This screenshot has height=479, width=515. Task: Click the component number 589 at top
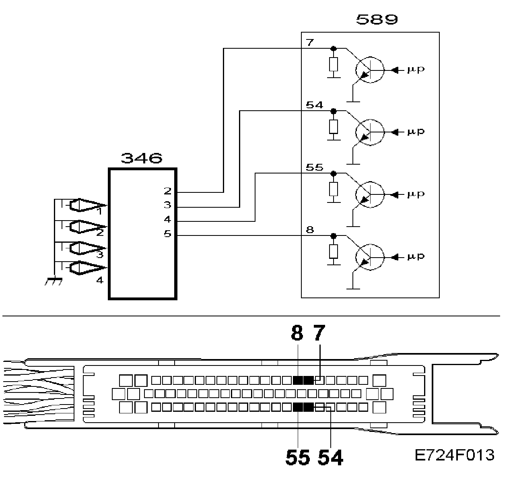pyautogui.click(x=377, y=19)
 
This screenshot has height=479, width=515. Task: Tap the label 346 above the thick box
pyautogui.click(x=142, y=158)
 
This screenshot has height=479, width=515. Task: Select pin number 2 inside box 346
pyautogui.click(x=167, y=191)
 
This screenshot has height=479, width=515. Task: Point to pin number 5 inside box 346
pyautogui.click(x=167, y=233)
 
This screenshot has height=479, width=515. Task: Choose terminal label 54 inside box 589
pyautogui.click(x=314, y=105)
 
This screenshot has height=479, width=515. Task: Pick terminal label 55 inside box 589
pyautogui.click(x=314, y=167)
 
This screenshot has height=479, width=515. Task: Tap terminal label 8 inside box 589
pyautogui.click(x=309, y=230)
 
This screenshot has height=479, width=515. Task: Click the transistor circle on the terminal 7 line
pyautogui.click(x=370, y=69)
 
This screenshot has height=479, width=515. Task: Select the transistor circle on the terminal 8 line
pyautogui.click(x=370, y=256)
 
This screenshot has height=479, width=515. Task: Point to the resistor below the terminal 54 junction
pyautogui.click(x=333, y=126)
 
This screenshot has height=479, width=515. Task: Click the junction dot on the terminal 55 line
pyautogui.click(x=333, y=173)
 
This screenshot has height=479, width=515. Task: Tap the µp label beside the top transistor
pyautogui.click(x=416, y=70)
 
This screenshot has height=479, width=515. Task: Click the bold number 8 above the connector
pyautogui.click(x=297, y=333)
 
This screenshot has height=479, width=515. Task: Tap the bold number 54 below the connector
pyautogui.click(x=331, y=458)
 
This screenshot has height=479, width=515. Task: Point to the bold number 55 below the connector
pyautogui.click(x=298, y=458)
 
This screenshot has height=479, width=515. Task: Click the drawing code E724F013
pyautogui.click(x=455, y=455)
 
